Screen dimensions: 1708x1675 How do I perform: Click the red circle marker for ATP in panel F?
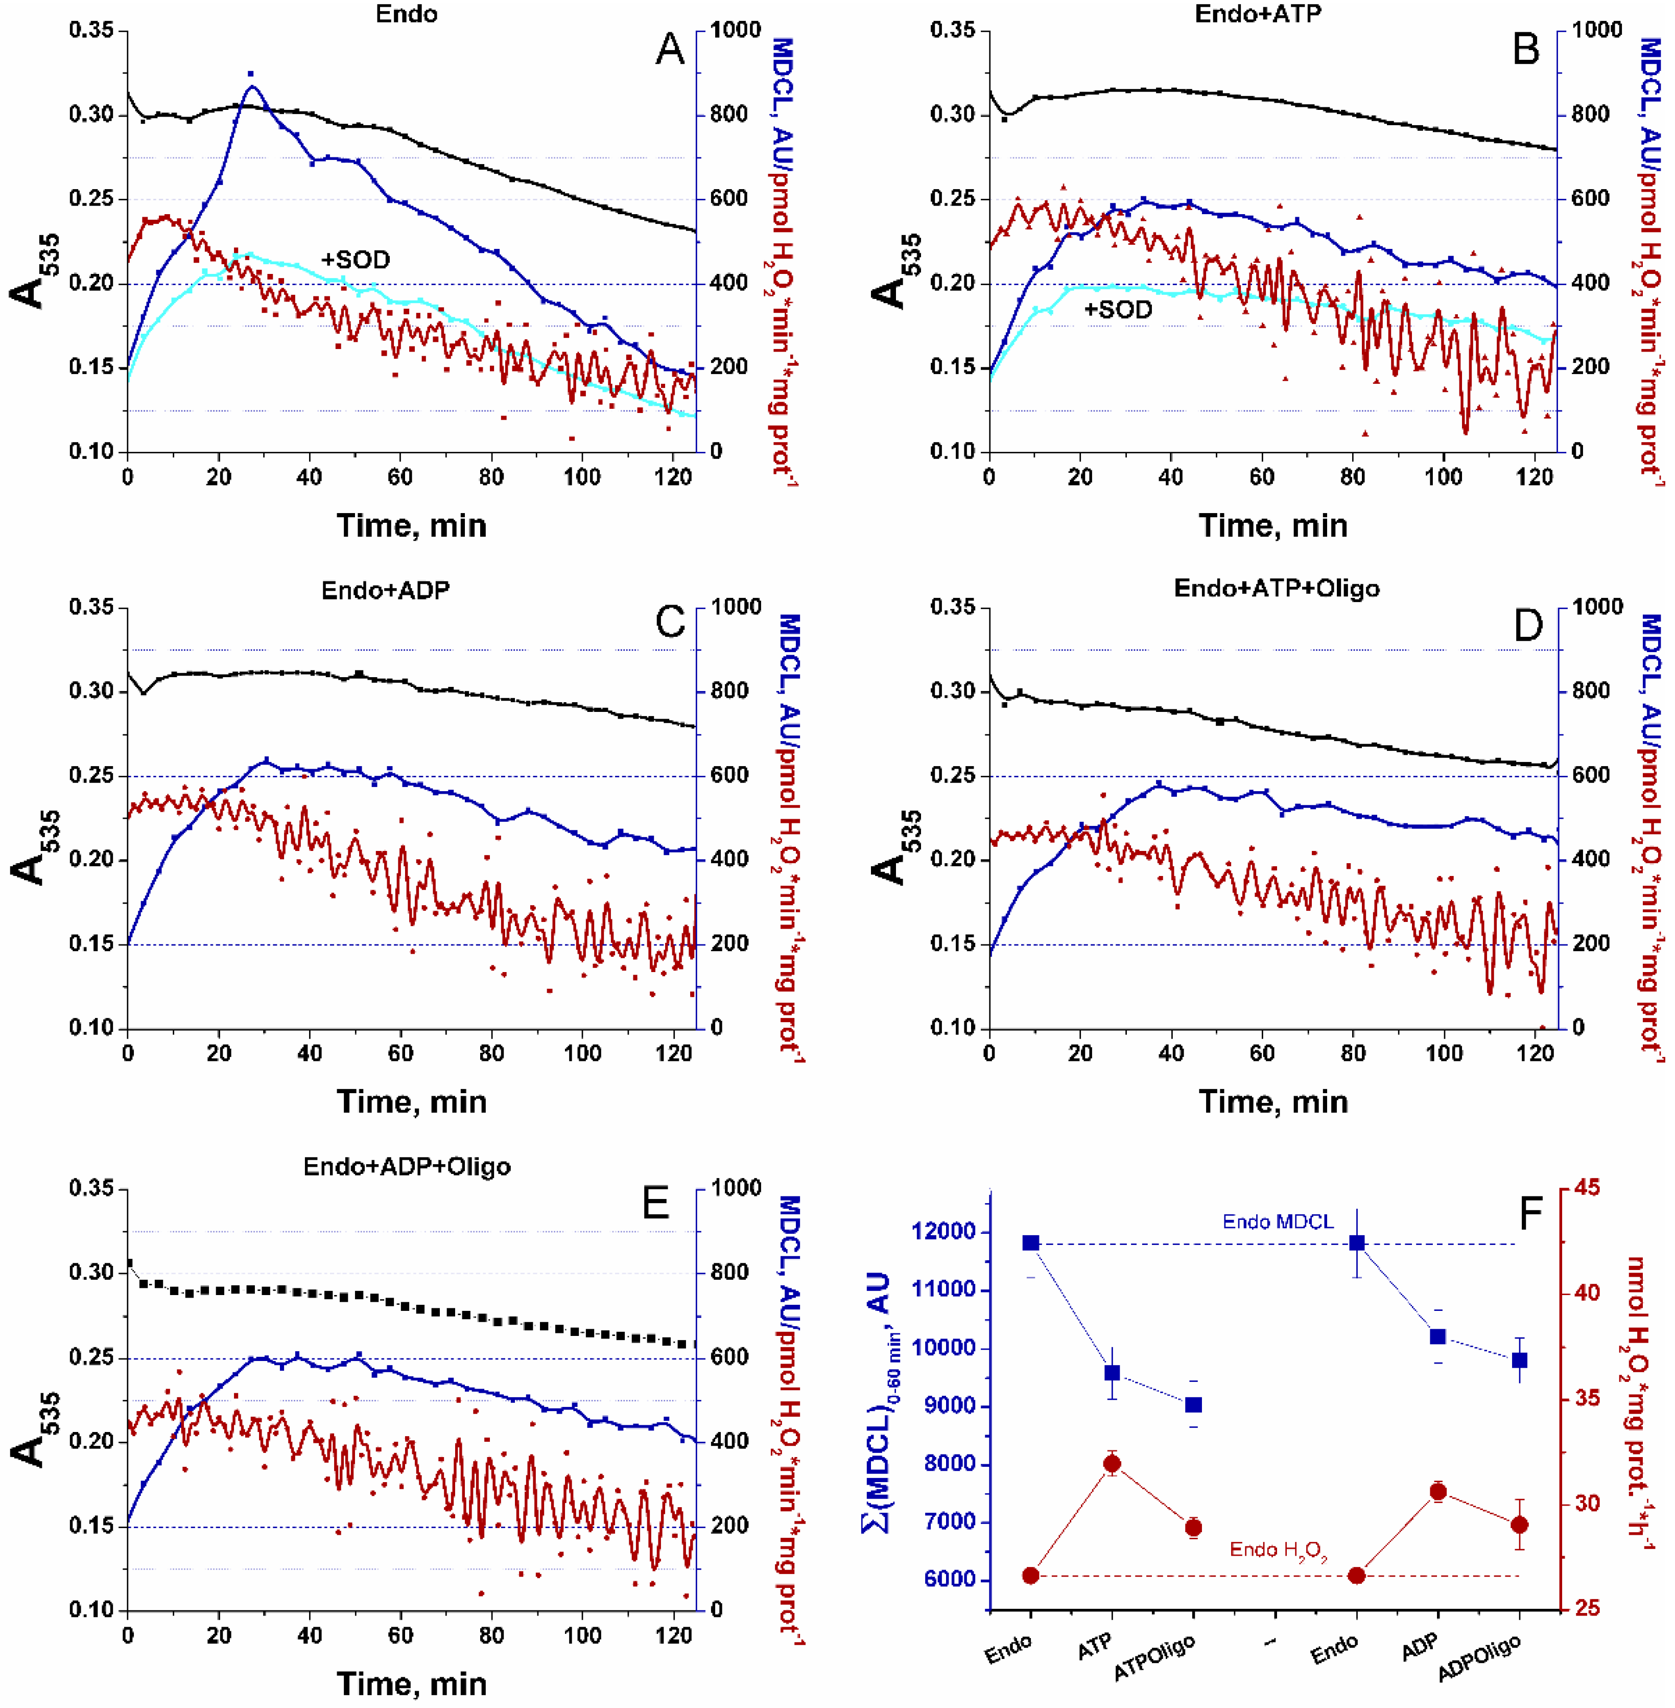tap(1112, 1463)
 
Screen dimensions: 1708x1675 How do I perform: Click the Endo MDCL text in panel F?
tap(1278, 1221)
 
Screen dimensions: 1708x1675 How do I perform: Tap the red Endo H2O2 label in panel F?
tap(1278, 1550)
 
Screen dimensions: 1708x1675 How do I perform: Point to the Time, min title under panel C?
tap(411, 1102)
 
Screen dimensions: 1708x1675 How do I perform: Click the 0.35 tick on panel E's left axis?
tap(91, 1189)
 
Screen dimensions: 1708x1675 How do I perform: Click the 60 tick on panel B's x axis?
tap(1262, 478)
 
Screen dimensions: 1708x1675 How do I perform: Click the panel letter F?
tap(1531, 1213)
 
